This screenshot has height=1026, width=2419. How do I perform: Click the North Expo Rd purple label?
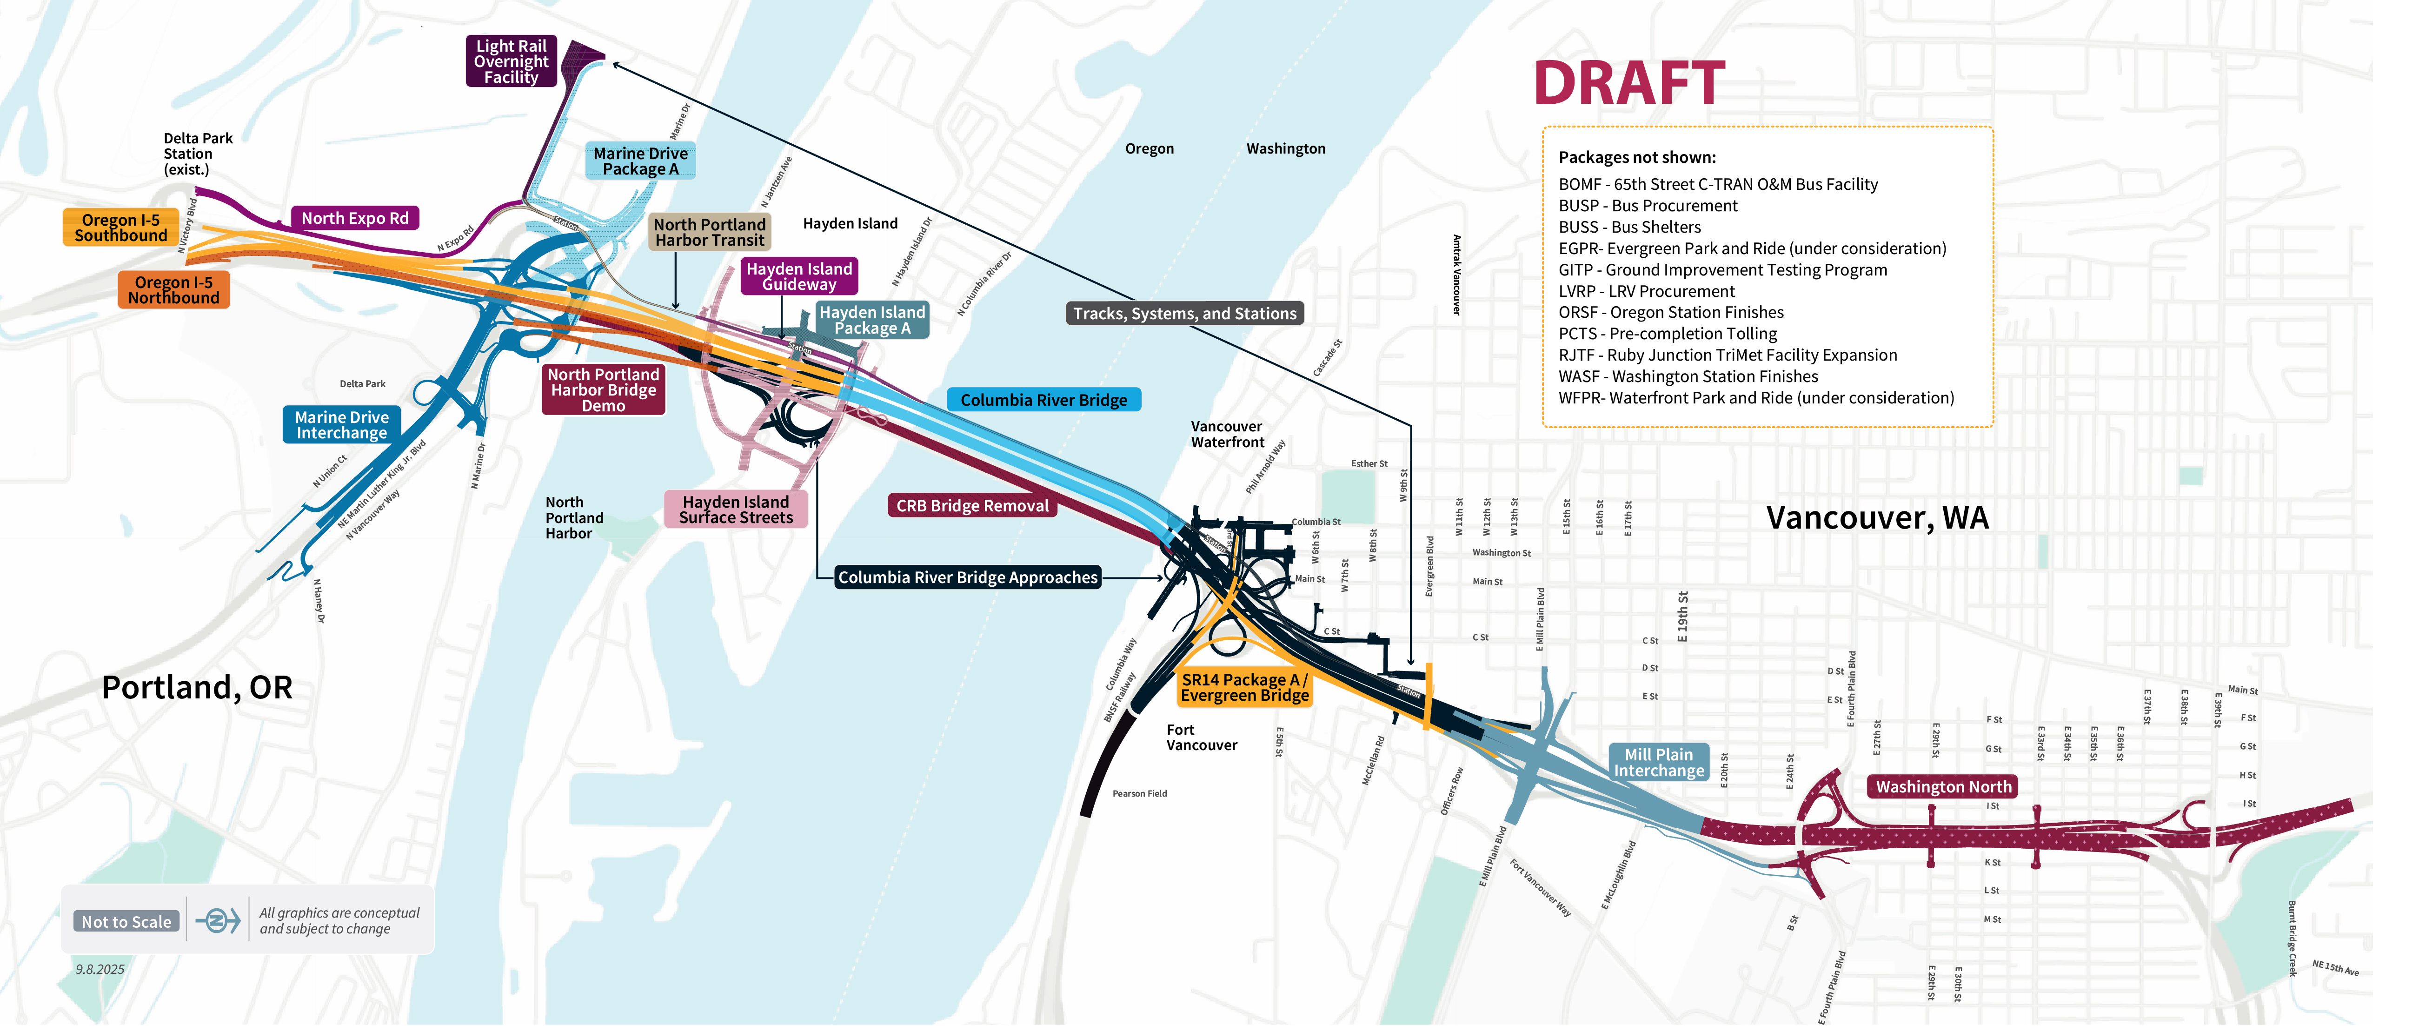tap(355, 218)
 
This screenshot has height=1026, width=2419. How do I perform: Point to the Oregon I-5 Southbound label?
tap(120, 228)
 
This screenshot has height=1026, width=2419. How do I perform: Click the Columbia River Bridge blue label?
tap(1043, 400)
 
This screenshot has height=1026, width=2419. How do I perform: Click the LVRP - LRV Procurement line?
tap(1646, 291)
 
